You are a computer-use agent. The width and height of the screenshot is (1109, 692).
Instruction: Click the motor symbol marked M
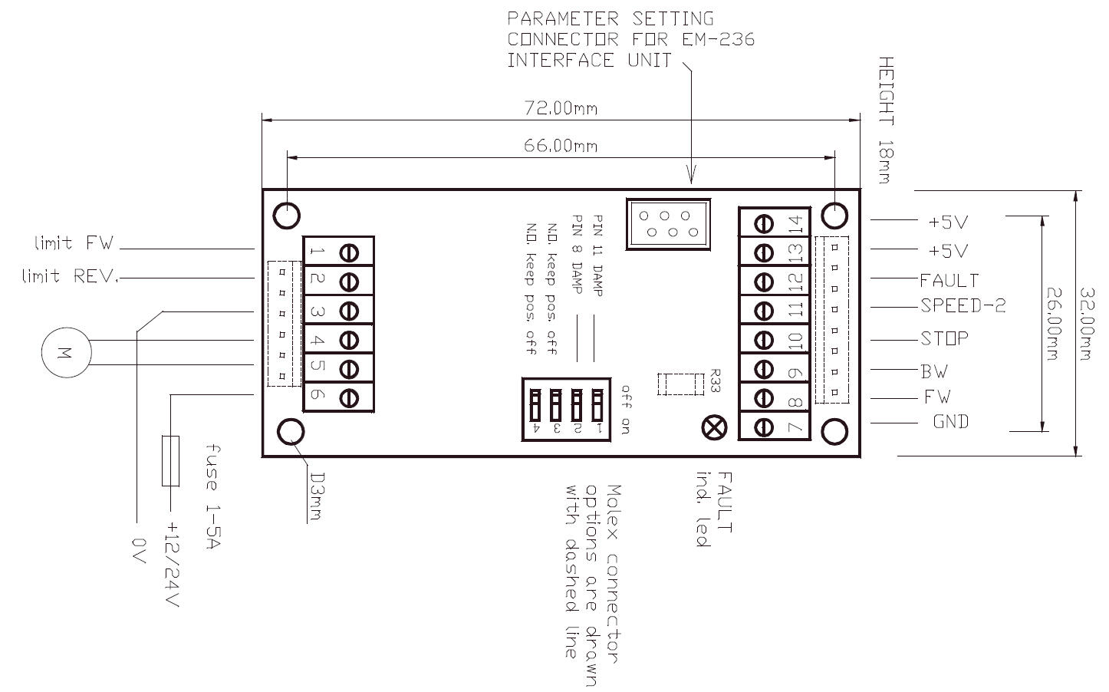coord(66,354)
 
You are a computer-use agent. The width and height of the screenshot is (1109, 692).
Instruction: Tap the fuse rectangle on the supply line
coord(171,460)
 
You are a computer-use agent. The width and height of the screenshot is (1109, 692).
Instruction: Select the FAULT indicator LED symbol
coord(713,427)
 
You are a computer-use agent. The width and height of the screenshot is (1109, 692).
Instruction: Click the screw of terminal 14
coord(763,223)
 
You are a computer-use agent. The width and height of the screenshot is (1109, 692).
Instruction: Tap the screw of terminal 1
coord(349,252)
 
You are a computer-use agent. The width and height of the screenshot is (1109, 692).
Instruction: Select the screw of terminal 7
coord(763,427)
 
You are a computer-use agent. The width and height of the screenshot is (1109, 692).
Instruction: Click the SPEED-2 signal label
coord(963,306)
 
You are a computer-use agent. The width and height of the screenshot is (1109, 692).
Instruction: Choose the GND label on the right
coord(950,421)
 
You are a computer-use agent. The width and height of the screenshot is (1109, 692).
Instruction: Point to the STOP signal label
coord(944,338)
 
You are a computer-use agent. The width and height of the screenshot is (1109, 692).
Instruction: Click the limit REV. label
coord(70,276)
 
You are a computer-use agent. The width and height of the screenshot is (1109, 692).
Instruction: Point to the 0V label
coord(139,551)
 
